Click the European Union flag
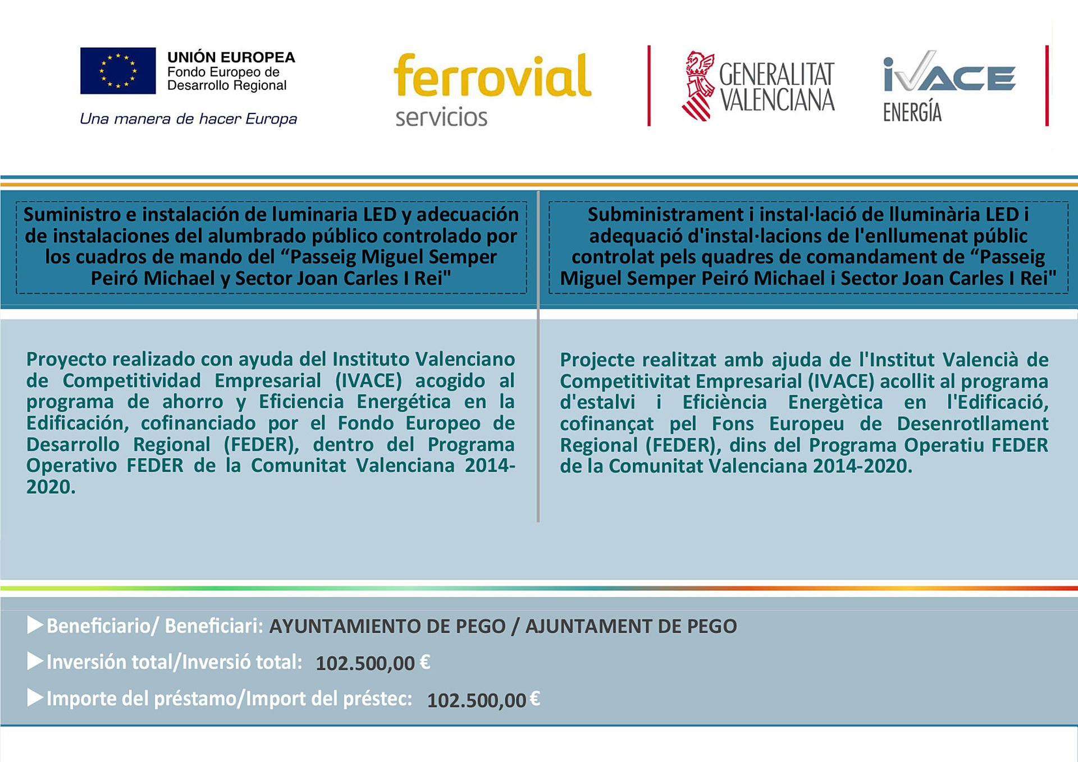click(118, 71)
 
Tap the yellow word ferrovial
click(492, 76)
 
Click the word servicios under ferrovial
click(441, 117)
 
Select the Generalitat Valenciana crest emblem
click(698, 86)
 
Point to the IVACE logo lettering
click(949, 73)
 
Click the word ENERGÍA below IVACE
click(912, 112)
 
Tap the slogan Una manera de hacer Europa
click(188, 119)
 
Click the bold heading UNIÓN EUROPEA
click(231, 57)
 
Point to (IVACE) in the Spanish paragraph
click(368, 381)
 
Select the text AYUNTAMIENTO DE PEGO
click(387, 626)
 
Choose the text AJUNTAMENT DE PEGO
click(631, 626)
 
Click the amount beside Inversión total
click(373, 663)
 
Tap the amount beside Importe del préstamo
click(483, 700)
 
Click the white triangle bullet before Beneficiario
click(35, 625)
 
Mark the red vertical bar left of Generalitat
click(649, 85)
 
